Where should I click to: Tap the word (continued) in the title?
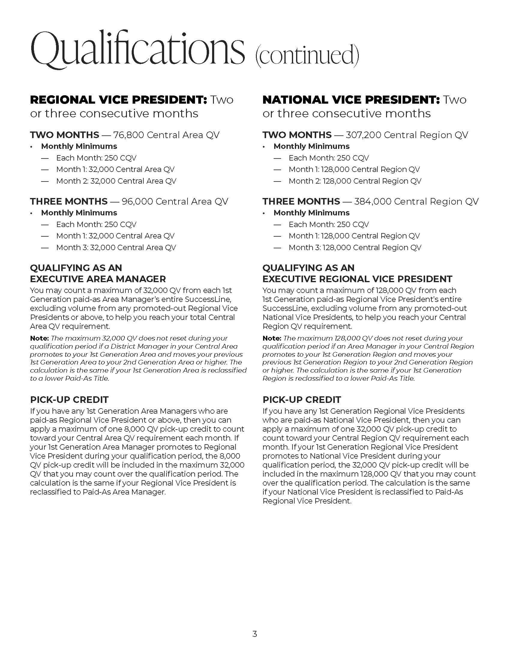tap(307, 55)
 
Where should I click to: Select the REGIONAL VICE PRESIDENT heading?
tap(118, 100)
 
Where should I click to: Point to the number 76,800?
tap(129, 135)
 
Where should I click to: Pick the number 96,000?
tap(137, 201)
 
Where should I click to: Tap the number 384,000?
tap(373, 201)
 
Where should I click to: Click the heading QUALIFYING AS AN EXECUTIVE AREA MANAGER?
tap(98, 273)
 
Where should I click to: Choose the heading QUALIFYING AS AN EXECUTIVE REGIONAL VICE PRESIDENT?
tap(357, 273)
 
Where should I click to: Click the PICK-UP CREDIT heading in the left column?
tap(69, 400)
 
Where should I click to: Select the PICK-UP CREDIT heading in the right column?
tap(301, 400)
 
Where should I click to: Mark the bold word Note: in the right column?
tap(272, 338)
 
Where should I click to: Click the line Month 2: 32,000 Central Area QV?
tap(116, 181)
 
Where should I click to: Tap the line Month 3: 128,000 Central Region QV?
tap(355, 247)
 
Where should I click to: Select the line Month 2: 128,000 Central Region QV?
tap(355, 181)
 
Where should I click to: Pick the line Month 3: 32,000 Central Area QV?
tap(116, 247)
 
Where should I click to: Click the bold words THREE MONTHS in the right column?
tap(301, 201)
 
